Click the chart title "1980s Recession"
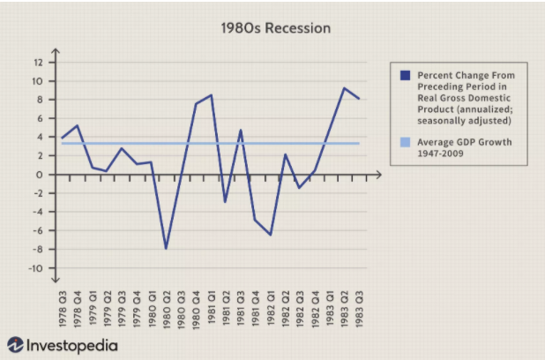pos(276,28)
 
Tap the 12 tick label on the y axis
pos(37,63)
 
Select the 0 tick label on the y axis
pos(39,175)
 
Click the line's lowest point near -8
pos(165,249)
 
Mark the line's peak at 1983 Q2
pos(344,88)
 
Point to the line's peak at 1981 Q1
pos(211,95)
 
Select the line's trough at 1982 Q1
pos(270,235)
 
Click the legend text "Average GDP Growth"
pos(464,142)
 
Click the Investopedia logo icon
pos(16,345)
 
